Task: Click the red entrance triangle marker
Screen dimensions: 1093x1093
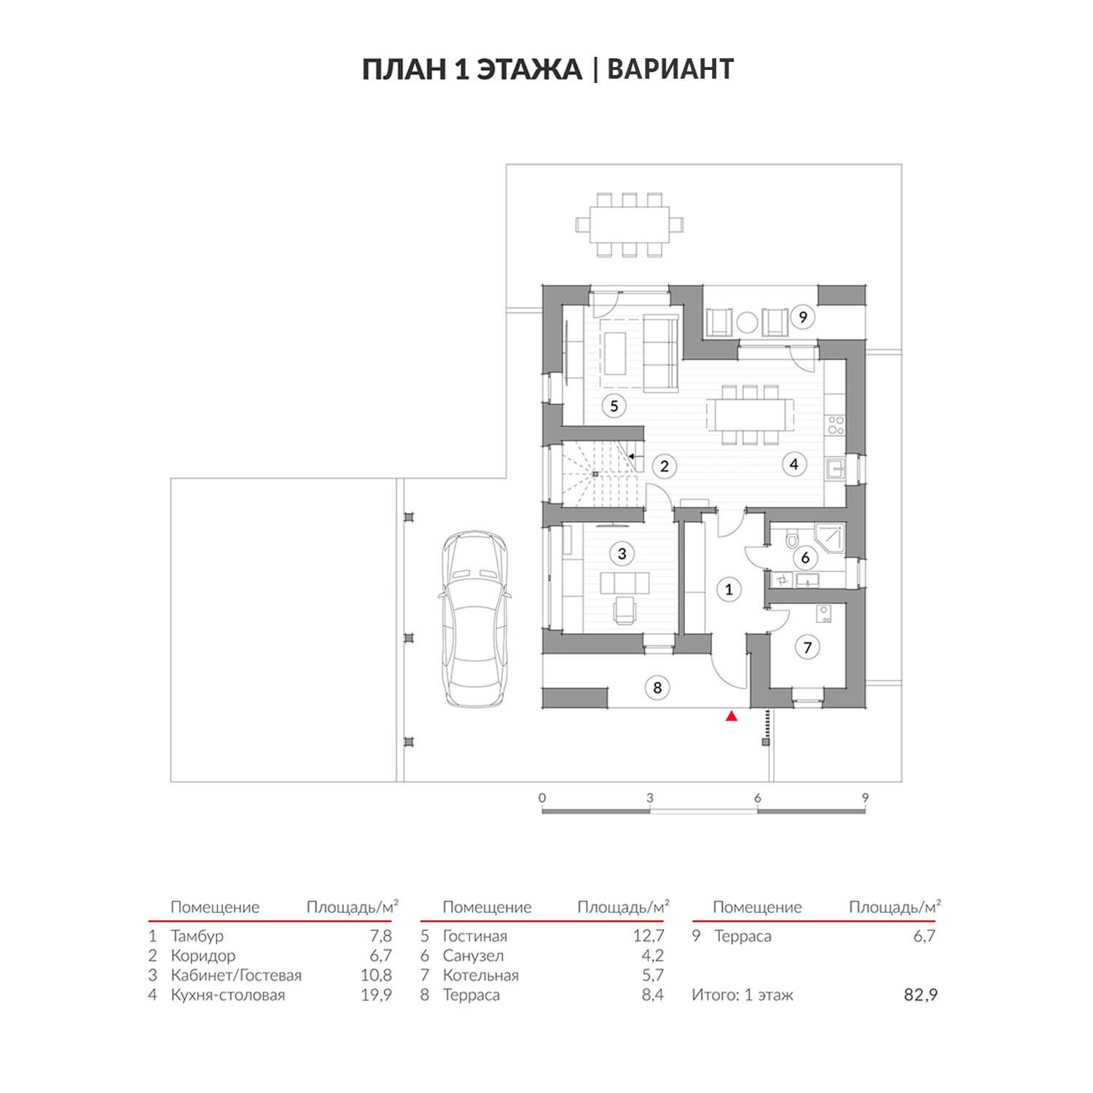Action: point(732,716)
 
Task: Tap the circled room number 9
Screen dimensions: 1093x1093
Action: point(803,317)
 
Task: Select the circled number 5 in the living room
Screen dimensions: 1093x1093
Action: point(614,406)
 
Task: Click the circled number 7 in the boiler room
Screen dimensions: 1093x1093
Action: point(807,647)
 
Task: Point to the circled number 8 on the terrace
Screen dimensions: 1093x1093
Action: point(657,687)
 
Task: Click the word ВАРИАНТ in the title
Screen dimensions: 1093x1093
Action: point(670,69)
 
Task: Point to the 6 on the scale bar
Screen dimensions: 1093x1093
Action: point(758,798)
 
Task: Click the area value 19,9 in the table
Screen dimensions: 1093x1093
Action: point(377,995)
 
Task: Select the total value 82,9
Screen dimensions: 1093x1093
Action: point(921,995)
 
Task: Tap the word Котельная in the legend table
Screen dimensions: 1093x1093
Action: point(481,976)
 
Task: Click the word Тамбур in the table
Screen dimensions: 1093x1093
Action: point(197,936)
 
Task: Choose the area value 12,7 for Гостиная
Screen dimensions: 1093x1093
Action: point(649,936)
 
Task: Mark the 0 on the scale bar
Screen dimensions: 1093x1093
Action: point(542,798)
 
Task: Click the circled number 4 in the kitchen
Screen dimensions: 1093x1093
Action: point(794,463)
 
